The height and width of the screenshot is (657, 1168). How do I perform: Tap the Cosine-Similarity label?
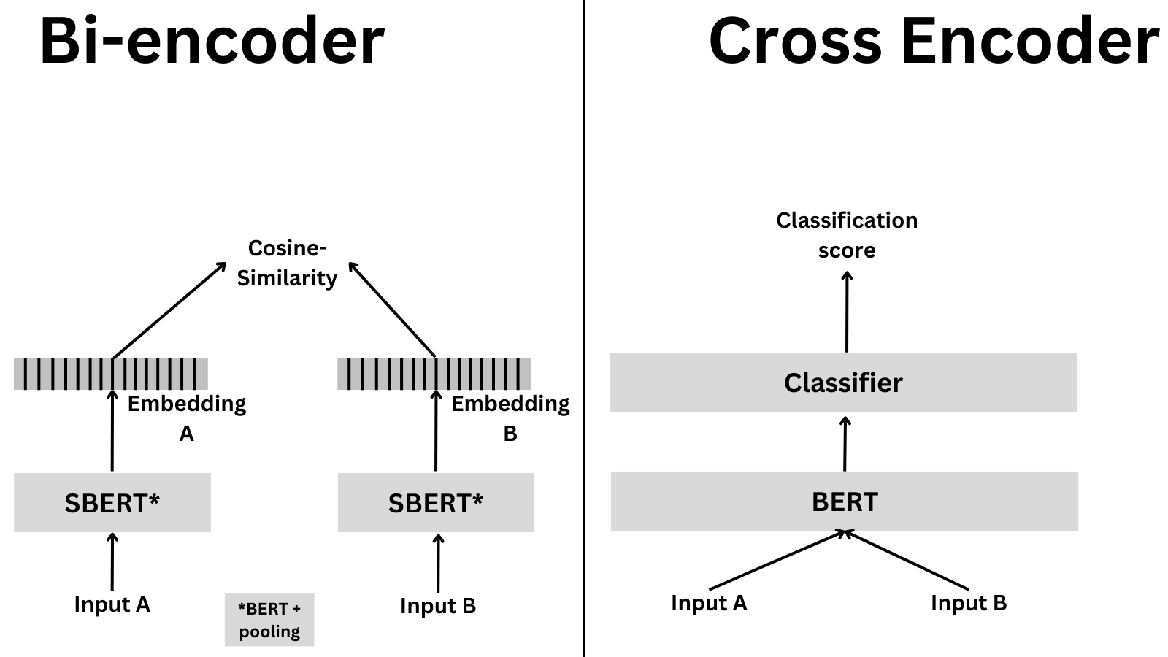click(287, 264)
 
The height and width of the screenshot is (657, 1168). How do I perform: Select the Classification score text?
click(847, 235)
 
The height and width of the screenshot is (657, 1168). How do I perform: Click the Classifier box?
click(843, 383)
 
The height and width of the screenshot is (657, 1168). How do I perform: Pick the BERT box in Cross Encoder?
click(845, 502)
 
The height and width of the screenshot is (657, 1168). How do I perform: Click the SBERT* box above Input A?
click(112, 503)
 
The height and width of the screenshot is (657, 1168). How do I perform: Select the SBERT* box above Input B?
click(436, 503)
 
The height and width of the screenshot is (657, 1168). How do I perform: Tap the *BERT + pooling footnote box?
click(269, 620)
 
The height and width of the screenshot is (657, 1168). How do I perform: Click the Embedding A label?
click(186, 418)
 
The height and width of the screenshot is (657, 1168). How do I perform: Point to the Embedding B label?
click(510, 418)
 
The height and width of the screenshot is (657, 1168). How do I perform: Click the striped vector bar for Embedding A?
click(111, 374)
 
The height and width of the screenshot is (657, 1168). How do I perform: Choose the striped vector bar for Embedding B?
click(434, 374)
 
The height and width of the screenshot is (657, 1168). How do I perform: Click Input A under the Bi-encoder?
click(112, 604)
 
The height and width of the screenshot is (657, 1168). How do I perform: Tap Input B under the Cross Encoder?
click(969, 603)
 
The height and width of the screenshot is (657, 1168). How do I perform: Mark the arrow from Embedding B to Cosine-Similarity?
click(392, 310)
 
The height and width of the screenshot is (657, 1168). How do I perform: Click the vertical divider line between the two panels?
click(584, 328)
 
